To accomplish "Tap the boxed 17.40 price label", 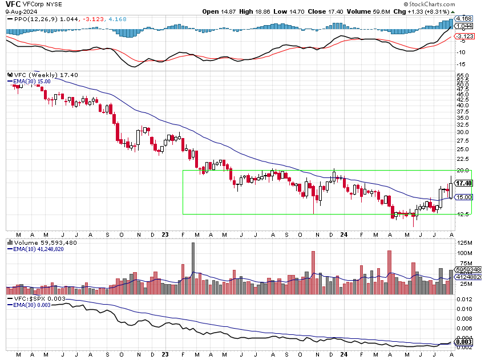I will point(464,183).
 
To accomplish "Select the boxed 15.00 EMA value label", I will point(464,197).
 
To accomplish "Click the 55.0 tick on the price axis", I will point(463,75).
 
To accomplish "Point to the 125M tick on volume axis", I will point(464,244).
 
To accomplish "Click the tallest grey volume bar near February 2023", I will point(193,268).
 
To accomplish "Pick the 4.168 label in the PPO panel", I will point(464,19).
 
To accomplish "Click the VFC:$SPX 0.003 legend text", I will point(39,298).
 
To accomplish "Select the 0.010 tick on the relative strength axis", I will point(464,309).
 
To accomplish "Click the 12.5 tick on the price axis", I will point(463,214).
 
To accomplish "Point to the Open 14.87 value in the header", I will point(234,11).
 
